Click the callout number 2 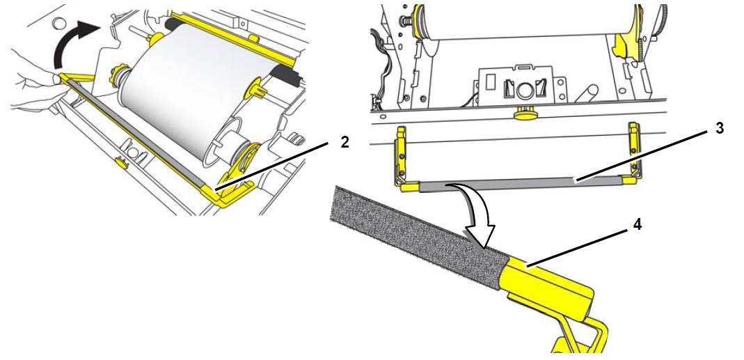click(x=345, y=142)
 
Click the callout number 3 click(x=720, y=128)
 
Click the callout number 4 click(x=637, y=225)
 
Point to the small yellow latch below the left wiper click(x=120, y=162)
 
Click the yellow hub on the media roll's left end click(x=117, y=74)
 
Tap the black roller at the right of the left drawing click(x=287, y=77)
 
